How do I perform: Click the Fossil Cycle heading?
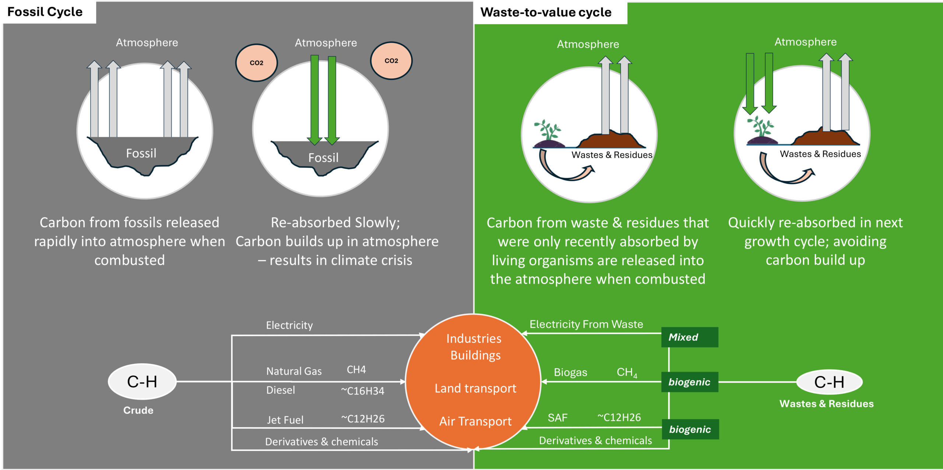(45, 12)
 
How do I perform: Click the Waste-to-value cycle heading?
(546, 13)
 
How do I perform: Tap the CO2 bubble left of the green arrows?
(256, 63)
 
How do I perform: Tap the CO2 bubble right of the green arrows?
(391, 61)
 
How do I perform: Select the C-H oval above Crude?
(142, 382)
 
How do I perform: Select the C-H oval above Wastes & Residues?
(829, 382)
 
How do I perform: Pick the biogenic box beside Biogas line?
(690, 382)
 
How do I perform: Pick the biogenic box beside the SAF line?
(690, 429)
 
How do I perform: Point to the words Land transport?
(475, 388)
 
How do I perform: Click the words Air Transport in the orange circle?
(475, 421)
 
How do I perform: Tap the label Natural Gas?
(294, 371)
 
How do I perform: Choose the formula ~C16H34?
(362, 391)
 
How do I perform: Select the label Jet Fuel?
(285, 420)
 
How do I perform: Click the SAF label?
(557, 418)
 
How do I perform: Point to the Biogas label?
(570, 372)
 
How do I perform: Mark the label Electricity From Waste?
(586, 324)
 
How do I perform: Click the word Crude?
(138, 410)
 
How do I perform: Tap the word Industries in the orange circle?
(474, 339)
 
